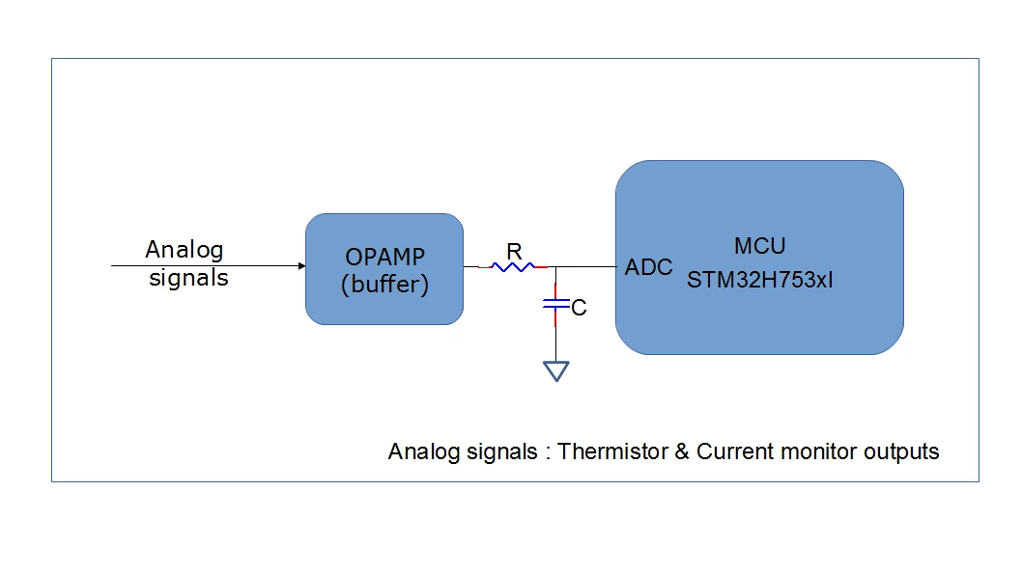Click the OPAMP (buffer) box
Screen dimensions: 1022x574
pos(384,269)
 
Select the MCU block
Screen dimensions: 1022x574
pos(759,257)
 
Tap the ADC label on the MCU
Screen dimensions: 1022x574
pos(648,267)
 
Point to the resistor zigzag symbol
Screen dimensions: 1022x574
pos(513,267)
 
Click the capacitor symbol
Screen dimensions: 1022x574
pos(556,304)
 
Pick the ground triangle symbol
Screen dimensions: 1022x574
pos(556,371)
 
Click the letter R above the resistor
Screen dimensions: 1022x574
pos(514,251)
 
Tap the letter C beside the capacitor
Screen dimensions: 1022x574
pos(579,307)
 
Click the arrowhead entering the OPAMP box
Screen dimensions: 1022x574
pos(301,265)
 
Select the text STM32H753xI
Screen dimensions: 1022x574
pos(760,280)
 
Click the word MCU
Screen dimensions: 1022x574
pos(760,246)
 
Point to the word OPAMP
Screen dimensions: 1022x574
pos(385,257)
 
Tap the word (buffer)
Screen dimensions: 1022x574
pos(385,285)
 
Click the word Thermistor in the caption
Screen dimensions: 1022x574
pos(612,451)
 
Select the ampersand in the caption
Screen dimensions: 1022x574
pos(682,451)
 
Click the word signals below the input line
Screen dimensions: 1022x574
pos(188,279)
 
